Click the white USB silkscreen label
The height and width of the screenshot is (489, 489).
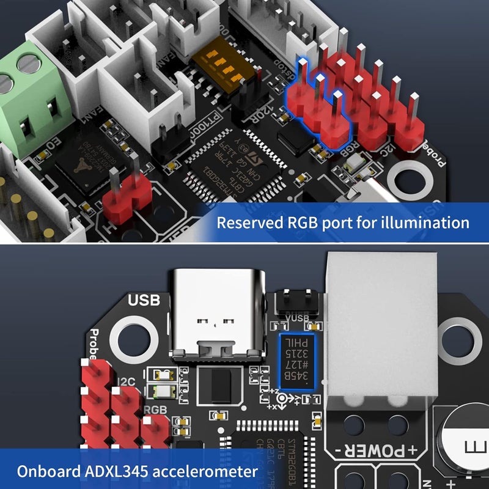coord(144,301)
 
